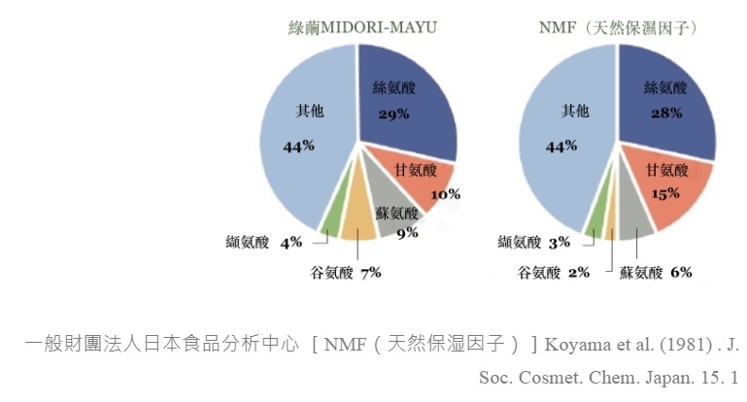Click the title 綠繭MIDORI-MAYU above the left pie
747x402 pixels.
coord(362,26)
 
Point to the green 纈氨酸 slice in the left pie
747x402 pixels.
coord(332,219)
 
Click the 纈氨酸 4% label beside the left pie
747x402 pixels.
coord(263,242)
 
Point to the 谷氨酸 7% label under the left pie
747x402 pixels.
coord(345,273)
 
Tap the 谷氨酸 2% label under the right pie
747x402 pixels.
coord(555,273)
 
